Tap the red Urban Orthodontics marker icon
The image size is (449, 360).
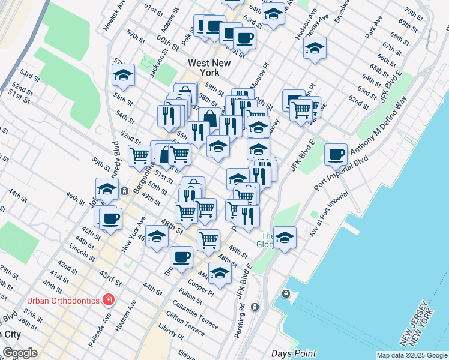point(109,298)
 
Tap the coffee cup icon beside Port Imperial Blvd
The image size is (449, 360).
point(336,154)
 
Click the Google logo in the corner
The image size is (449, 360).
point(20,353)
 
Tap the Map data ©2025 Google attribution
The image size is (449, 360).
point(412,355)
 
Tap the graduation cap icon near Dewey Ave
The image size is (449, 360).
point(314,48)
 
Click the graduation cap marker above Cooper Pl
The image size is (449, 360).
point(220,272)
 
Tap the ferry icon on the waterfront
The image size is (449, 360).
point(286,294)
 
